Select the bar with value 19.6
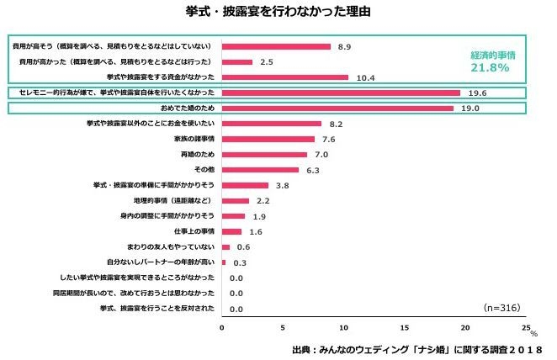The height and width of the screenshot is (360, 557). (341, 93)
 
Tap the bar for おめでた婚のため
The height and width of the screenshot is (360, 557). (337, 109)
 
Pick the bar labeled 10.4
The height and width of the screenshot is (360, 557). (285, 77)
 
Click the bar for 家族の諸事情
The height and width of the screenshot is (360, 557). (268, 140)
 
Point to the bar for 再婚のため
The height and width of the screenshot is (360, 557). (264, 155)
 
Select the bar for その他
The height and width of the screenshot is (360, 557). (260, 170)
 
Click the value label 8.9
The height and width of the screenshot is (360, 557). (343, 47)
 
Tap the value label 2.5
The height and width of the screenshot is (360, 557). (267, 62)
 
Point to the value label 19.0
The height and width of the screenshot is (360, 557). (469, 109)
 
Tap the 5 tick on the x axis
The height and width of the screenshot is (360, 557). (283, 328)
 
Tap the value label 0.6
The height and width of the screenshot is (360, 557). (244, 246)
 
